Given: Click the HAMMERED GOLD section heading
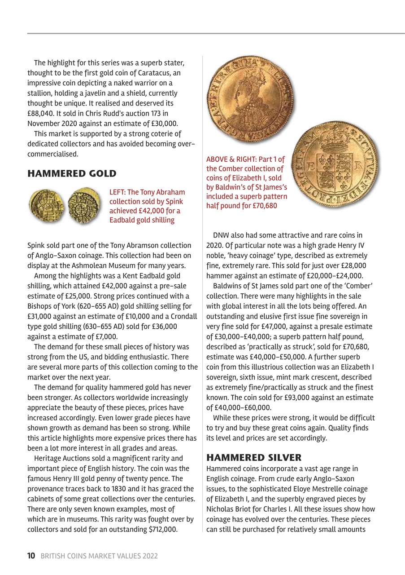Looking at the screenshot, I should click(72, 173).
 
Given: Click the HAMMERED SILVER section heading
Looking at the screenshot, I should click(254, 458).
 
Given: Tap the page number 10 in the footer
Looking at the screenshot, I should click(31, 556).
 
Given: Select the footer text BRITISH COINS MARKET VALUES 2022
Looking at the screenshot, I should click(99, 556).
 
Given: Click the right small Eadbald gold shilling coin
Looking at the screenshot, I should click(84, 205).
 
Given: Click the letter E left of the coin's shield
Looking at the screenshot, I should click(309, 165).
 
